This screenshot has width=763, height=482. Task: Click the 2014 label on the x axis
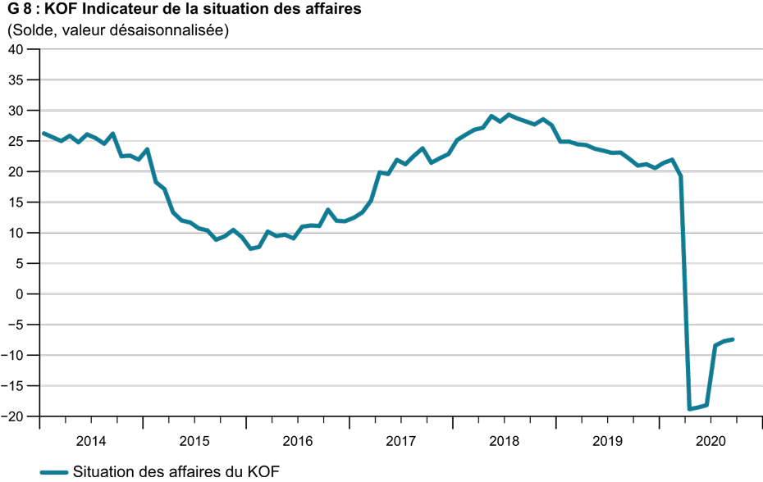click(91, 440)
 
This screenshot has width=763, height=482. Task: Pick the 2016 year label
click(298, 440)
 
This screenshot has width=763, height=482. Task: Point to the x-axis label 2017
click(401, 440)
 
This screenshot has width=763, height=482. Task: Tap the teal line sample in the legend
click(53, 471)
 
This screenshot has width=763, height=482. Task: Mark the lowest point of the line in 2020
click(690, 408)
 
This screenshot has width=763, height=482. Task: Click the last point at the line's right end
click(732, 339)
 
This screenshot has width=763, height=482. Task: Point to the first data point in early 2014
click(43, 133)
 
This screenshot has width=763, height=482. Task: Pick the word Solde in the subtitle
click(30, 31)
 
